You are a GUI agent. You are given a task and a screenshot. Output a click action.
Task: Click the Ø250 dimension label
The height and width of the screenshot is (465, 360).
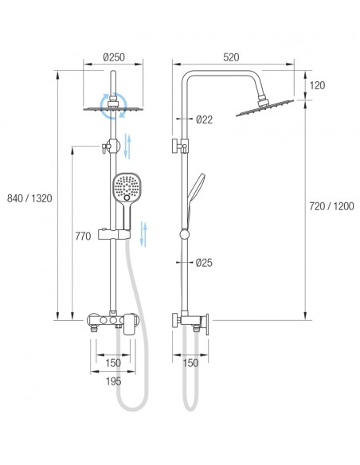114,57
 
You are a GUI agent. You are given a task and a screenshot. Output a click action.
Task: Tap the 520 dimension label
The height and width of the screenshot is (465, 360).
231,57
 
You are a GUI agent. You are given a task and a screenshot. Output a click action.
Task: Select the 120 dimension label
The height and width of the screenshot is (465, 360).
317,85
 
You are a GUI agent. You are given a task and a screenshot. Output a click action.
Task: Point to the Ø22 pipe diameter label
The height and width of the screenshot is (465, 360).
205,119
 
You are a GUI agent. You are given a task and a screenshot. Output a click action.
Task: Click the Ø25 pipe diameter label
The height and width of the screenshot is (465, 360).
204,263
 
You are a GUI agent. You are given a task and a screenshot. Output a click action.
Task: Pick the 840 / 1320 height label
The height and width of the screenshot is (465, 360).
29,198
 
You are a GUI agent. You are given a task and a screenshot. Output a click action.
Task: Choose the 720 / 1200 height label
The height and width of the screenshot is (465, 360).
331,206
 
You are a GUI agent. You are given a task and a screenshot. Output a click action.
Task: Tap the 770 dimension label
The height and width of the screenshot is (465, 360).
83,236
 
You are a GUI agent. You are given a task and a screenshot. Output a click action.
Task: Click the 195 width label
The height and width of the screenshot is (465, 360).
113,381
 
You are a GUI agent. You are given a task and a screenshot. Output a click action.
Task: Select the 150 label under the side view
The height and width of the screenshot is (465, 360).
190,363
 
